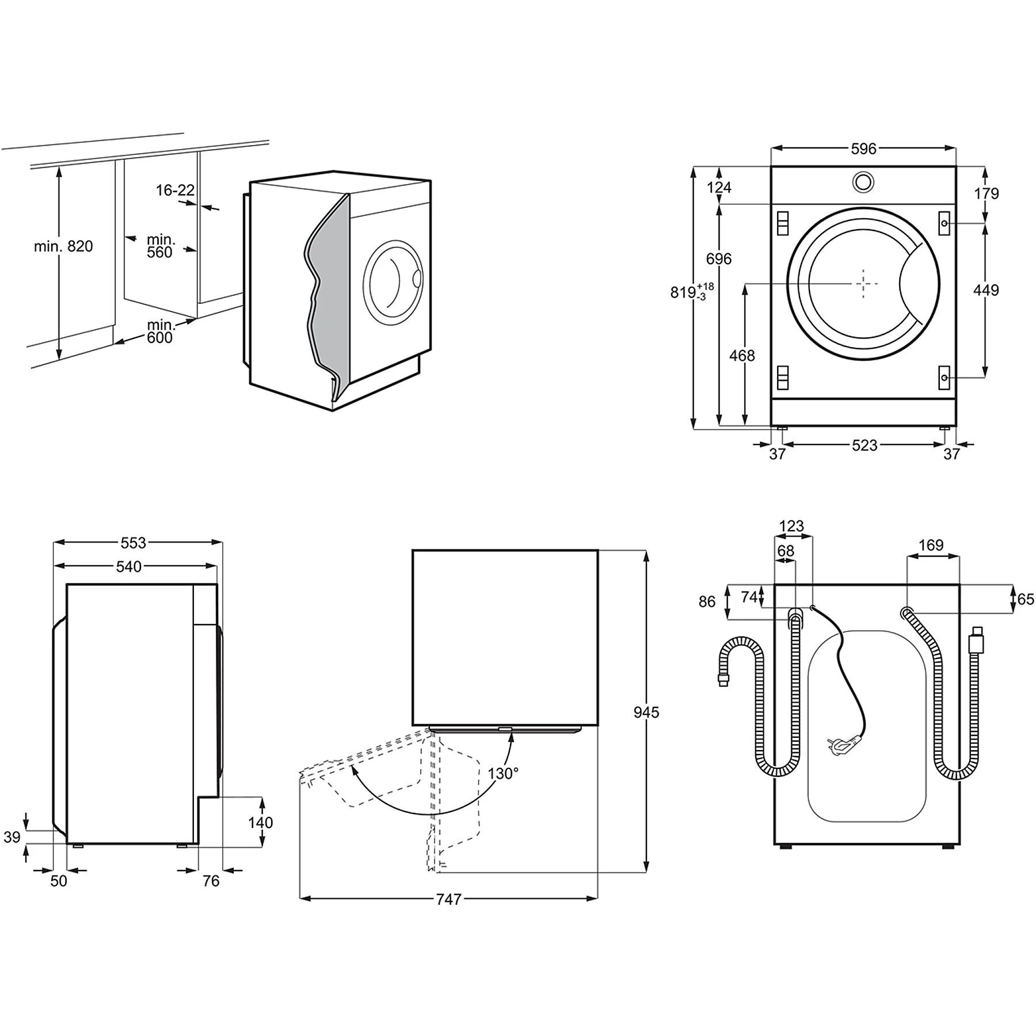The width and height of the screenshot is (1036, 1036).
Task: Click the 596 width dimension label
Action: [x=863, y=149]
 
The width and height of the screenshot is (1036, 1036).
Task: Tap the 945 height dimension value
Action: [x=646, y=712]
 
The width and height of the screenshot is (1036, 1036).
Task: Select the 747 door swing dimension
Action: [x=448, y=899]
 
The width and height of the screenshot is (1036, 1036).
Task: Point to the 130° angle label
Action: [x=503, y=774]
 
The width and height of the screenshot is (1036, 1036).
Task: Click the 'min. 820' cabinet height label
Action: [x=63, y=246]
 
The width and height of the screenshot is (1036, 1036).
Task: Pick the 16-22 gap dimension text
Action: [x=175, y=190]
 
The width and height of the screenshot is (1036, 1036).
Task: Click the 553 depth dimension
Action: [x=133, y=543]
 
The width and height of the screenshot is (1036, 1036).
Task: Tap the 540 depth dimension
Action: [x=128, y=567]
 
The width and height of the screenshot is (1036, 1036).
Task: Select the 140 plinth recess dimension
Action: [x=260, y=822]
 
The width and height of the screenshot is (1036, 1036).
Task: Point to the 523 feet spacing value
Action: [x=864, y=445]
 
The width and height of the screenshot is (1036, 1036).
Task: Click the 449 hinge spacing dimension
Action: [x=986, y=290]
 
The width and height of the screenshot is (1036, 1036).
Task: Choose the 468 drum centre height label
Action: [x=742, y=356]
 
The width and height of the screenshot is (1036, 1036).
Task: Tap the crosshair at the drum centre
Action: [x=863, y=283]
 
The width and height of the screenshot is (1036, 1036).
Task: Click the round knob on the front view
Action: [x=863, y=182]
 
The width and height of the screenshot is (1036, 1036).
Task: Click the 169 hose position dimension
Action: [x=931, y=545]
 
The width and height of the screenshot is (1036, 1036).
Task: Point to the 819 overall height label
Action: [x=684, y=292]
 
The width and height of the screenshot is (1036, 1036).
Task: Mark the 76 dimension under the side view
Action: [x=211, y=881]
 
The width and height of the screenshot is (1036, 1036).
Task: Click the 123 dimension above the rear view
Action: [x=791, y=526]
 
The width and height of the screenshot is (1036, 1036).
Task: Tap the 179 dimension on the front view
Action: [x=987, y=193]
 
